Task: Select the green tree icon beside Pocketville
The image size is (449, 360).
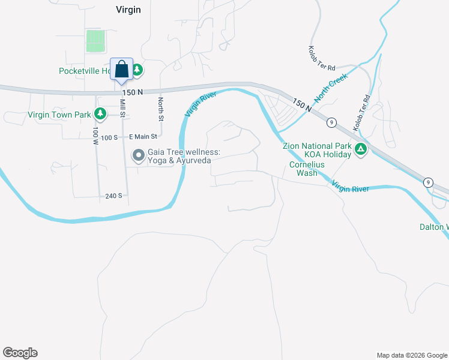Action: point(137,71)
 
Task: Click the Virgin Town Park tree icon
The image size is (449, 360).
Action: point(100,114)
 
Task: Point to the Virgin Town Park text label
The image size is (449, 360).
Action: point(58,115)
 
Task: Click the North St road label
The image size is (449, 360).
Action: point(161,109)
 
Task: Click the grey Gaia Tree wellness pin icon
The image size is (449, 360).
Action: point(139,156)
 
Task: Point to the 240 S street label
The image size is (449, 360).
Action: point(113,196)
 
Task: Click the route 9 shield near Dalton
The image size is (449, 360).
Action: point(427,182)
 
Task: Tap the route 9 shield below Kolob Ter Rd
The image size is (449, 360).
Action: point(331,122)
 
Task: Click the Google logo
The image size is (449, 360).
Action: point(20,353)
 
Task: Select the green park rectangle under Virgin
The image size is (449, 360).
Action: point(95,41)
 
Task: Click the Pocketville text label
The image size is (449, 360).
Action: point(84,71)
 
